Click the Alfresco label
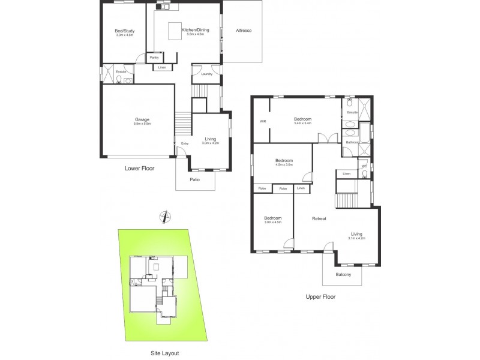point(244,30)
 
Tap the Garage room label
point(142,119)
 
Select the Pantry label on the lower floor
point(154,58)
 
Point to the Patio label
point(194,179)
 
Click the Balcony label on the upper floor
point(343,275)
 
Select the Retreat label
point(319,218)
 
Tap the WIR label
point(262,122)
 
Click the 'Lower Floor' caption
point(139,169)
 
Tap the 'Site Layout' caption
point(164,353)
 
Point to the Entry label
point(184,144)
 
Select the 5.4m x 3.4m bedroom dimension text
point(302,124)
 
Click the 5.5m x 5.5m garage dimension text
point(142,124)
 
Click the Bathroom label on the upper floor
point(352,142)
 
